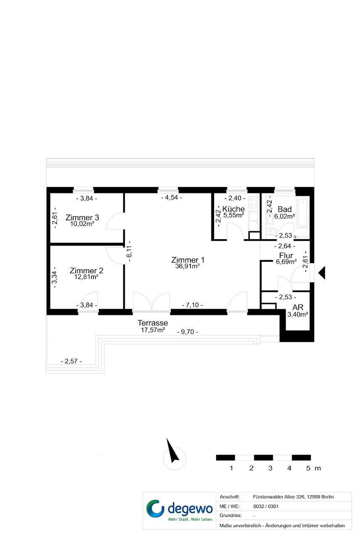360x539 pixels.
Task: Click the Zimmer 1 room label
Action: point(188,260)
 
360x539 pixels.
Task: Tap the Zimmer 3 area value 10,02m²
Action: point(82,224)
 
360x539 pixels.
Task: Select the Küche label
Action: point(233,209)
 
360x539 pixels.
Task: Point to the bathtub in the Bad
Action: point(303,213)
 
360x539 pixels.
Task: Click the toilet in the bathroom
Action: point(272,232)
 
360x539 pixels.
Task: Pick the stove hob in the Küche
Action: point(254,202)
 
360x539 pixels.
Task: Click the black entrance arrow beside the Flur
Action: point(322,272)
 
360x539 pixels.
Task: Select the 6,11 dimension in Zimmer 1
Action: point(129,251)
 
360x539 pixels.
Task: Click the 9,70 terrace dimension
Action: point(188,332)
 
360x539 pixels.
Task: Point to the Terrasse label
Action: point(153,322)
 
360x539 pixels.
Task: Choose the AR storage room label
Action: point(298,307)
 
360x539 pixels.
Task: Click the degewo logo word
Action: point(190,508)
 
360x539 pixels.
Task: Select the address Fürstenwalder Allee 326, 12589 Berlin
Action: point(293,497)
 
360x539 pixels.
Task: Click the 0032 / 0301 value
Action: point(266,506)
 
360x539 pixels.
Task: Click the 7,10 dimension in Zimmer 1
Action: point(192,305)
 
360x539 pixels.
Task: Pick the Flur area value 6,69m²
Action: point(286,262)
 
